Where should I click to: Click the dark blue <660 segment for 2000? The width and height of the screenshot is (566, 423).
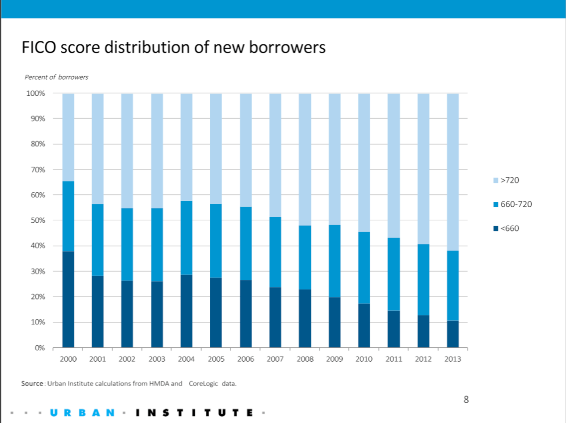coord(68,299)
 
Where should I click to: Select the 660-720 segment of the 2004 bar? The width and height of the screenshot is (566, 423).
coord(186,238)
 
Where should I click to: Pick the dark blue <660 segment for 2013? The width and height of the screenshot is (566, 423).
coord(452,334)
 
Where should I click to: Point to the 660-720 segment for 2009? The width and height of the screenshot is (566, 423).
coord(334,261)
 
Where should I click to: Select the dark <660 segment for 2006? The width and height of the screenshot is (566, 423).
coord(246,313)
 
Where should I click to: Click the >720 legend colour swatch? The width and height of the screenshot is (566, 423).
coord(496,180)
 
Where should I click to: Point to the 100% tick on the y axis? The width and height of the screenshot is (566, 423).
coord(36,94)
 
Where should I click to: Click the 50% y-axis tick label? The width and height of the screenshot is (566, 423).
coord(37,220)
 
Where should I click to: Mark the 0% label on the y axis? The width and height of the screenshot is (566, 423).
coord(40,348)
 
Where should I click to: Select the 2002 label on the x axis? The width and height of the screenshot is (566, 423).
coord(127,359)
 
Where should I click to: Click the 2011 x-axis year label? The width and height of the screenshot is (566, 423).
coord(394,359)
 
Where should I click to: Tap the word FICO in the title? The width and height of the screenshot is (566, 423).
coord(39,47)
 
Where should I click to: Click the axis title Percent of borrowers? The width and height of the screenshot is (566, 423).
coord(56,77)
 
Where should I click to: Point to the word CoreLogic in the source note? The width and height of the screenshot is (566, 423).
coord(201,384)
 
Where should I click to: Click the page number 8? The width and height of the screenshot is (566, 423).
coord(466,399)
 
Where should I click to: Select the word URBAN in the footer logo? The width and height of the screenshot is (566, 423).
coord(82,413)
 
